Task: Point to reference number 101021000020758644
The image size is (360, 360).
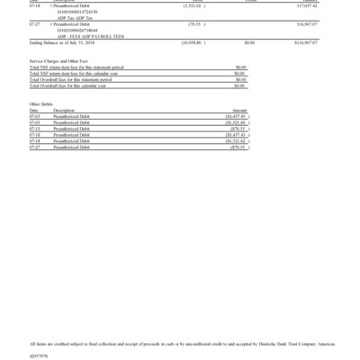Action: [77, 29]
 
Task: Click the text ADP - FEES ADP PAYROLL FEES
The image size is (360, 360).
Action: [87, 34]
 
